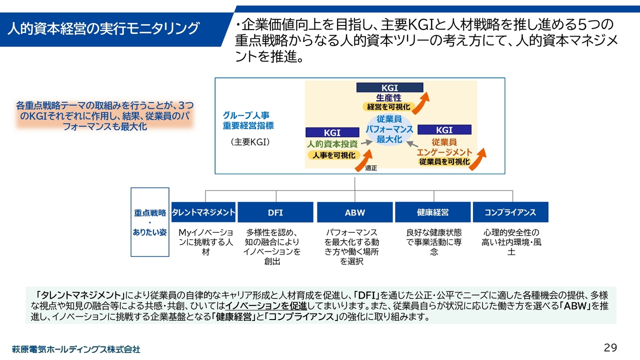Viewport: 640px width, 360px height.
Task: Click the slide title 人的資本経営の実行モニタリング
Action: (x=102, y=28)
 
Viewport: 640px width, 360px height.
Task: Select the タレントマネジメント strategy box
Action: (x=203, y=212)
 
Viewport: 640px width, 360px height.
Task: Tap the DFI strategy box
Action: (x=275, y=212)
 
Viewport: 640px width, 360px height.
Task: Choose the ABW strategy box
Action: (x=355, y=212)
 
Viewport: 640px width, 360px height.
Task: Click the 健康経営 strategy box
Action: (x=433, y=212)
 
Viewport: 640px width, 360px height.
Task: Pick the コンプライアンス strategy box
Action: (x=510, y=212)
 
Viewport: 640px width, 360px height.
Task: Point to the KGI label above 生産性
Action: (x=389, y=88)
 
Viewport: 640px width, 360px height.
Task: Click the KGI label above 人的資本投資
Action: (x=332, y=132)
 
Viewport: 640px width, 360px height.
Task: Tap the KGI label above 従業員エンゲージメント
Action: (x=444, y=130)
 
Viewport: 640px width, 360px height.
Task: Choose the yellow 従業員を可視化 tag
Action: (x=444, y=161)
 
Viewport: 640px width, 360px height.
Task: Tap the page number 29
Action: (x=610, y=347)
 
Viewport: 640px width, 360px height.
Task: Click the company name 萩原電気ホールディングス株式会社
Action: (x=76, y=349)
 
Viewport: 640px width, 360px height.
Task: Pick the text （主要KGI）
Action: (x=250, y=142)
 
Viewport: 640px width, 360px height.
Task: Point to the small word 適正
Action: (x=370, y=168)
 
